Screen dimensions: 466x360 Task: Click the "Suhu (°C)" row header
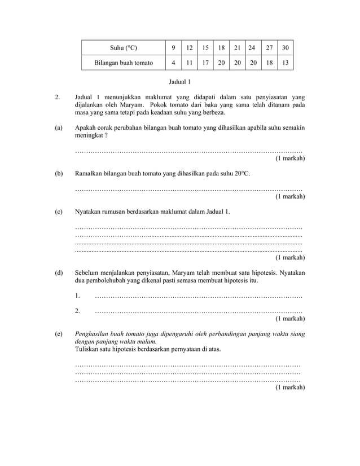[124, 47]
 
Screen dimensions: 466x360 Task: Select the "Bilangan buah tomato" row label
[124, 63]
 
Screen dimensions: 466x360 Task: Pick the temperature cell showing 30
[285, 47]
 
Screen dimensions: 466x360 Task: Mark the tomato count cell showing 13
[285, 63]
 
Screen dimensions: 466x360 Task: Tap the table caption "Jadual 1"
[180, 82]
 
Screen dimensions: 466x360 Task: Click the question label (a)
[59, 128]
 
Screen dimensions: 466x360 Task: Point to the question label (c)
[59, 212]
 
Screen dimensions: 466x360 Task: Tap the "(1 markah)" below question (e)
[290, 388]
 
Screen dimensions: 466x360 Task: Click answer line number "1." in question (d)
[77, 295]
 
